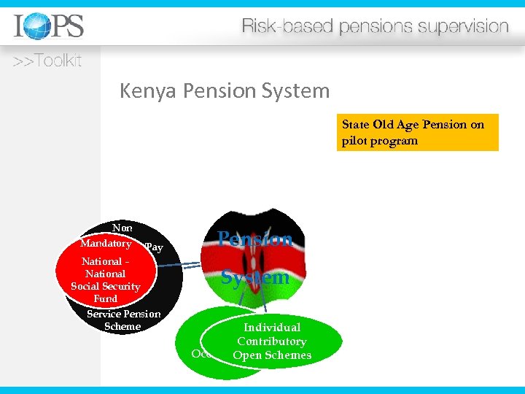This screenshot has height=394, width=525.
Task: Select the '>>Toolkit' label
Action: pos(47,61)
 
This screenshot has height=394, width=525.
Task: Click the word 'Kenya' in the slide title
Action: pos(149,91)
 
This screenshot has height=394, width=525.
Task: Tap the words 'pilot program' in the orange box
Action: pos(380,141)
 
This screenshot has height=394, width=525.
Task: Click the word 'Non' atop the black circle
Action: pos(122,228)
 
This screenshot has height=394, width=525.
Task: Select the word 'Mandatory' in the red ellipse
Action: pos(106,243)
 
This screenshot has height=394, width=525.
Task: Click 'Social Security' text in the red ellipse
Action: pos(105,286)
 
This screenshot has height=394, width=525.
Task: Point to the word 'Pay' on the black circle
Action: pos(154,247)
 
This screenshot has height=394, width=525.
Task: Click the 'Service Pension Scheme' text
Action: pos(123,320)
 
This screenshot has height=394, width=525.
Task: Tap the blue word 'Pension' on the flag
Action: pos(256,239)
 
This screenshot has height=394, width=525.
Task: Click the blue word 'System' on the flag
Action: pos(255,278)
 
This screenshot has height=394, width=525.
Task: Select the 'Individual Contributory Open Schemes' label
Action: pos(271,341)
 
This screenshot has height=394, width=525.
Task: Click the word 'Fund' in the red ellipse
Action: pos(105,298)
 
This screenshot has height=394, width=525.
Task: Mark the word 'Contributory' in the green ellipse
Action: pos(271,341)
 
